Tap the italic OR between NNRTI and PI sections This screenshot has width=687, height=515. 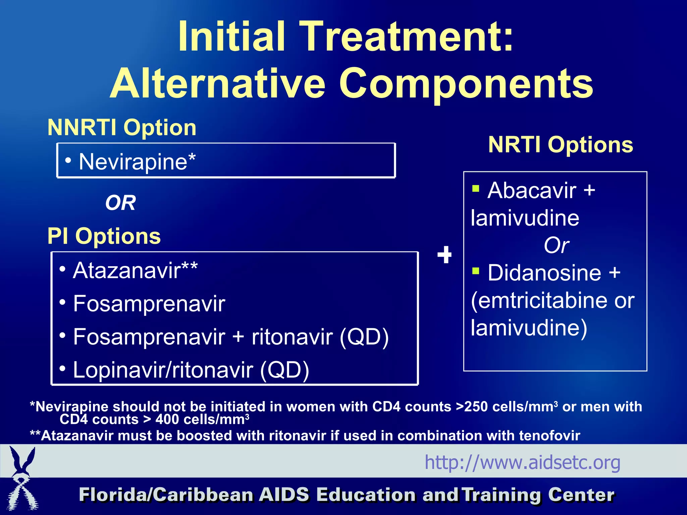click(x=120, y=203)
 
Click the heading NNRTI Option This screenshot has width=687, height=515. click(x=122, y=127)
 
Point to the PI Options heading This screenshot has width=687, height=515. click(x=104, y=236)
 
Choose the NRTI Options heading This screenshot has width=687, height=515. click(x=561, y=145)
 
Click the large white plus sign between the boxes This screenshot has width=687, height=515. click(x=444, y=255)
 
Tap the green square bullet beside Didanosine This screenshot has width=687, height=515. click(x=475, y=270)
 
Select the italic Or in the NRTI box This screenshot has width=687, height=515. click(x=556, y=245)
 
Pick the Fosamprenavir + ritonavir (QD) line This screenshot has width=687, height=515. click(x=231, y=337)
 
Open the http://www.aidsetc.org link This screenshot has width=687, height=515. click(x=522, y=462)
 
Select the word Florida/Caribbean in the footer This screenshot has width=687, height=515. click(x=166, y=495)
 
